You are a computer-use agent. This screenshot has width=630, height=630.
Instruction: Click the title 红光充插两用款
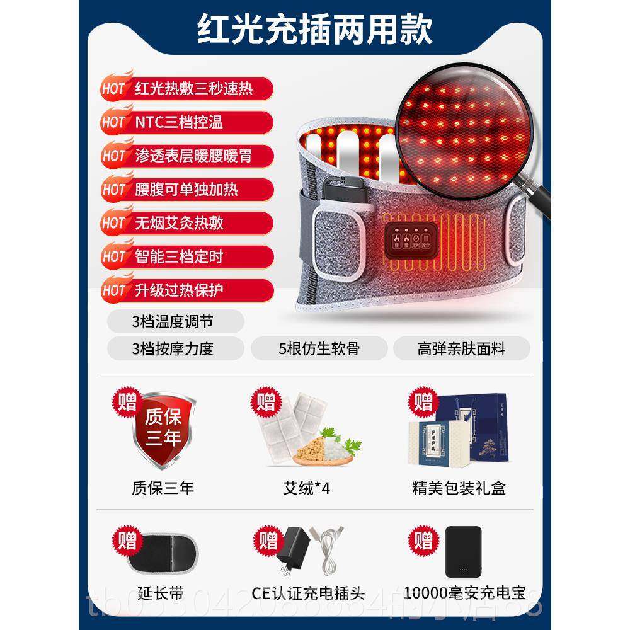tap(315, 30)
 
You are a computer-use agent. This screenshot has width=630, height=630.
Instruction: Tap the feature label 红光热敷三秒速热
tap(193, 88)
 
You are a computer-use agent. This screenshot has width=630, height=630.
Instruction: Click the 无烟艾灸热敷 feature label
tap(180, 223)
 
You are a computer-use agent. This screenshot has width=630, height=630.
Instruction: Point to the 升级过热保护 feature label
tap(180, 290)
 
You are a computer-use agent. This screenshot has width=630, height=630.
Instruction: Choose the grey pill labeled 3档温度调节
tap(173, 321)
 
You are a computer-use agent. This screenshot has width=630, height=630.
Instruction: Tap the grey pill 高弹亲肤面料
tap(461, 348)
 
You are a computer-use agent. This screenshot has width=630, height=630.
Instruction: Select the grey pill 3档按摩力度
tap(173, 348)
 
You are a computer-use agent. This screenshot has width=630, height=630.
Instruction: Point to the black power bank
tap(463, 551)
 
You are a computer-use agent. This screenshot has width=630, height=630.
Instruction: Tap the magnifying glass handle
tap(538, 197)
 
